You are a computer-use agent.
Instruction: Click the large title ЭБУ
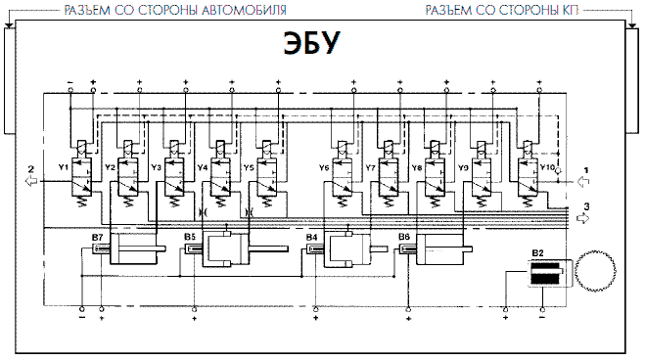pos(312,43)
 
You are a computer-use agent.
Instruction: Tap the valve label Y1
pos(63,167)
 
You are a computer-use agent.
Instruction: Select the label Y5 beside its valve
pos(249,167)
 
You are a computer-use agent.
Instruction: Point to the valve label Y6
pos(324,167)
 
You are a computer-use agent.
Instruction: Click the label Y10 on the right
pos(547,167)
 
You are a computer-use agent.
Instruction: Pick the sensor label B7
pos(98,237)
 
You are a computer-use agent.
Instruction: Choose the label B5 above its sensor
pos(190,237)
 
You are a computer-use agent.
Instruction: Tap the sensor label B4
pos(312,237)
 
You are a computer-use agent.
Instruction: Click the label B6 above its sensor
pos(404,237)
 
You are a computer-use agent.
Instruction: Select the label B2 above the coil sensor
pos(537,253)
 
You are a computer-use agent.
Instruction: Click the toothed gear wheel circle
pos(595,271)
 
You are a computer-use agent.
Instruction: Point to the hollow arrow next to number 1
pos(583,181)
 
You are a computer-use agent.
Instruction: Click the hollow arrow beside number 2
pos(31,181)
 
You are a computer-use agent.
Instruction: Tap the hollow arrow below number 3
pos(583,218)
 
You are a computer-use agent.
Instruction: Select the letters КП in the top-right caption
pos(571,11)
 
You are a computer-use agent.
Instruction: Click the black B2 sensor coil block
pos(545,274)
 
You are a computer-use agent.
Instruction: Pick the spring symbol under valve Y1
pos(81,202)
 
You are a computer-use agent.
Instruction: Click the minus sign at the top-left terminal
pos(69,82)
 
